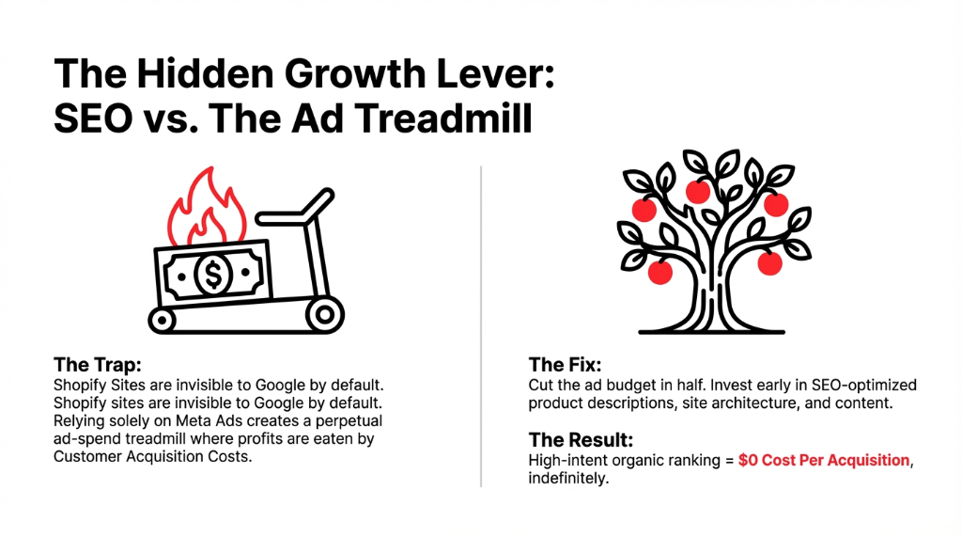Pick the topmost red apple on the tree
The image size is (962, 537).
coord(698,192)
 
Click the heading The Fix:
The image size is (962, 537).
coord(566,365)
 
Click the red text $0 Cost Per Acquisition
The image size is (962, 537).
coord(825,461)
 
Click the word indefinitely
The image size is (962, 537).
coord(568,479)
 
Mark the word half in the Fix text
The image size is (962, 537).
coord(705,386)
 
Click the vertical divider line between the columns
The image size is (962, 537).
coord(480,325)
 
